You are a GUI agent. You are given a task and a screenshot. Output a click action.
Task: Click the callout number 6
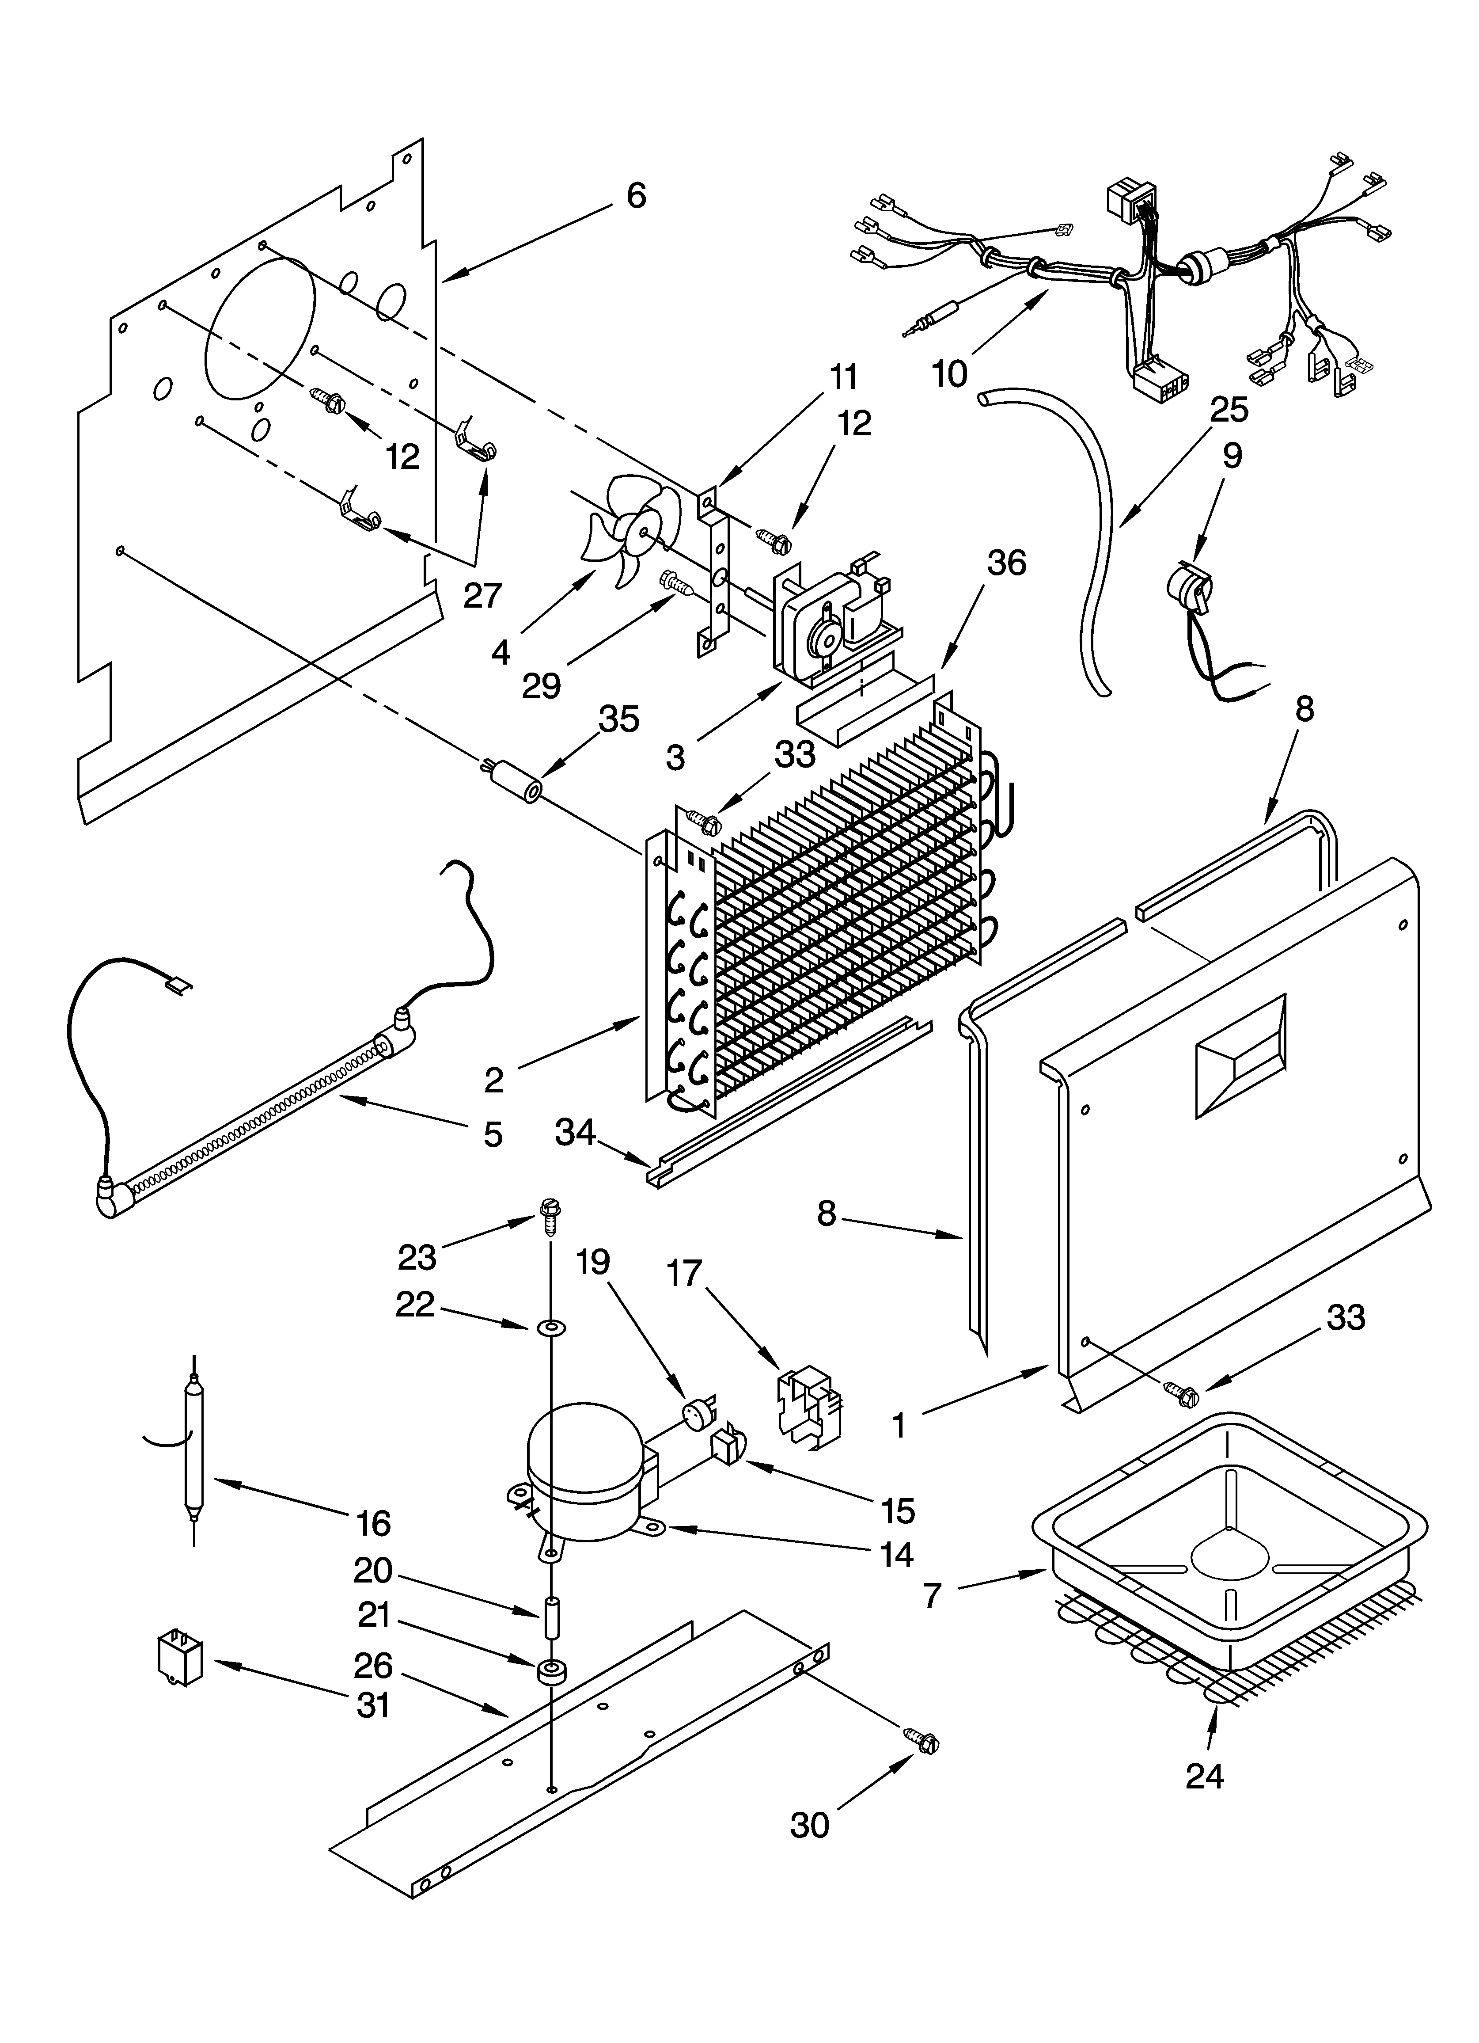[x=636, y=195]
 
